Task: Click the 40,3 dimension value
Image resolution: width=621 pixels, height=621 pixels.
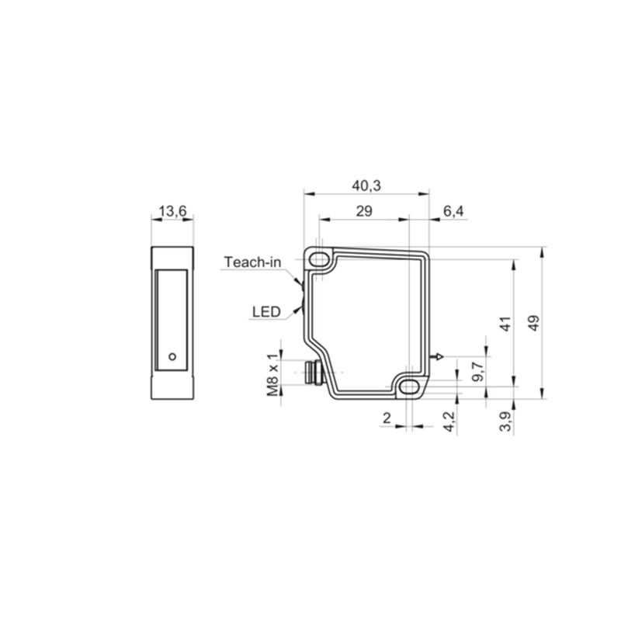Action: [366, 186]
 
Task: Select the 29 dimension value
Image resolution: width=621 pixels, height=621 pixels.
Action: [364, 211]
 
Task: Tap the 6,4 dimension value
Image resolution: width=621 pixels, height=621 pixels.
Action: [453, 211]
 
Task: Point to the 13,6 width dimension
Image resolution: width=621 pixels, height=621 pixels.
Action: [172, 211]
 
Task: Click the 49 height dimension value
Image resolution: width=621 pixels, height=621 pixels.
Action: [534, 323]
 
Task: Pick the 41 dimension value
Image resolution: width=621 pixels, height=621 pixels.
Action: [506, 324]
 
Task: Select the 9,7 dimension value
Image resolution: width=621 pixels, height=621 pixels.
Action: [478, 372]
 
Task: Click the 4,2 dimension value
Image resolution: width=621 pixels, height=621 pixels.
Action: [449, 422]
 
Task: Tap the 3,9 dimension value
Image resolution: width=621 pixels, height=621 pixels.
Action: [506, 422]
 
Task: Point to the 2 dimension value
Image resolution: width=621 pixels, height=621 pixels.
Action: [387, 418]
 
